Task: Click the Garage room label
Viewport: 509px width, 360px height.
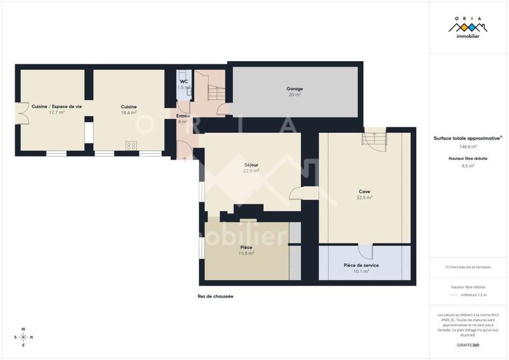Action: click(x=294, y=88)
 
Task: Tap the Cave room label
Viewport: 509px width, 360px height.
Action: click(x=365, y=191)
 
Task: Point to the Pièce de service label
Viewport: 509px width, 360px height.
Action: click(x=361, y=265)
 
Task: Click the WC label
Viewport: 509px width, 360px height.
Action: click(x=183, y=81)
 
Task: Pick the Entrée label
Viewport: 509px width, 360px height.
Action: click(x=183, y=116)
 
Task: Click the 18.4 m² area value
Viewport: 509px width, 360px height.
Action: click(x=129, y=113)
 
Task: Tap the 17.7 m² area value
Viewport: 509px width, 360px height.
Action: click(x=57, y=113)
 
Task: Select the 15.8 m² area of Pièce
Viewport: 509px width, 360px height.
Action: click(x=246, y=253)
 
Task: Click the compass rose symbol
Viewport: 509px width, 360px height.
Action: click(x=24, y=337)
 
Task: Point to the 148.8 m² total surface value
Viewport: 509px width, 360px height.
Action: click(x=468, y=146)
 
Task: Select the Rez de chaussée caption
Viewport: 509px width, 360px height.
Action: click(x=216, y=296)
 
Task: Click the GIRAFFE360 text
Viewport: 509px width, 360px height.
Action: click(x=468, y=345)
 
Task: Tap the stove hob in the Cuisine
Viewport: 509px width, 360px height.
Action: click(x=132, y=145)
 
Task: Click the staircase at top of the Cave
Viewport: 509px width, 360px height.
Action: click(x=374, y=137)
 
